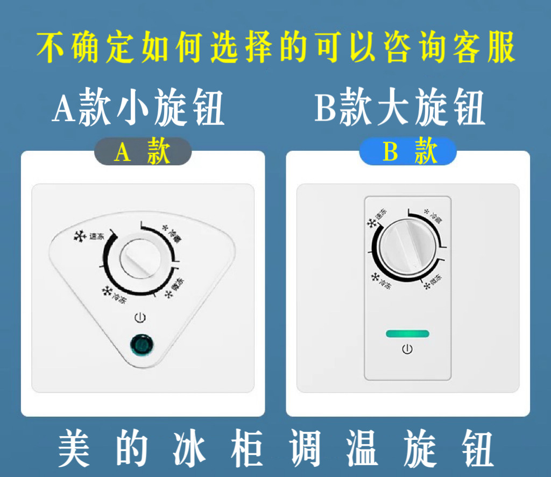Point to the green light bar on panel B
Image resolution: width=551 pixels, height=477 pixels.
click(x=407, y=334)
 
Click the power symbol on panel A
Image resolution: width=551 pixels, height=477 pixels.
click(x=140, y=318)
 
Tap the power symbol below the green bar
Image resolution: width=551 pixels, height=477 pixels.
click(x=407, y=350)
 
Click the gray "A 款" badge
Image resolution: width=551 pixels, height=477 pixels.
click(x=143, y=153)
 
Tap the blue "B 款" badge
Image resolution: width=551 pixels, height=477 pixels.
click(x=408, y=153)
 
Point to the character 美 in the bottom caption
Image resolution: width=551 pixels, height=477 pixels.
click(x=74, y=448)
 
